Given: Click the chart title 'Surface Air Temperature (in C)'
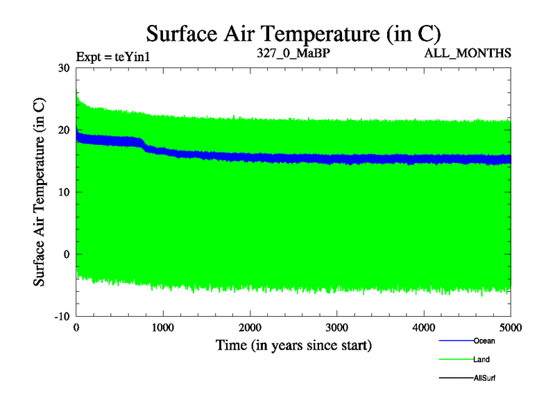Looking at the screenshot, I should (x=293, y=34).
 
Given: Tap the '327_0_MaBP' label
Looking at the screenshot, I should (x=287, y=53).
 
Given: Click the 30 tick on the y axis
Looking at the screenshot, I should (x=63, y=68).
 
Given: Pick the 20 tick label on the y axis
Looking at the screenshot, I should (x=63, y=130).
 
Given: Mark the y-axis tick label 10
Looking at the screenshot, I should (x=63, y=192).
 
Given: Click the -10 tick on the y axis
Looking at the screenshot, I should (x=61, y=316).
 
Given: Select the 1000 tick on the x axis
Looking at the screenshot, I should (x=162, y=327).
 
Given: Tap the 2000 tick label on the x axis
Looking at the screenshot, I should (x=250, y=327).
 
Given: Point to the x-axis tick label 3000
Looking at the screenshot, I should (x=336, y=327).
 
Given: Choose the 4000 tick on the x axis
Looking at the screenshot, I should (x=423, y=327).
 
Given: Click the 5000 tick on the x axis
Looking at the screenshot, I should (x=509, y=327).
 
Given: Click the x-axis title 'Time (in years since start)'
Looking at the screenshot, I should (x=293, y=345).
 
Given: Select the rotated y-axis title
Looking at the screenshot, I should (x=41, y=192).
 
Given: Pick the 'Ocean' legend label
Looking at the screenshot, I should (x=484, y=340).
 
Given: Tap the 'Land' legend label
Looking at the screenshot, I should (x=481, y=360).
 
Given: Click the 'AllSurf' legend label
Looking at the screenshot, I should (x=484, y=379).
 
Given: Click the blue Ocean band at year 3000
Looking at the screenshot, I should (x=336, y=159).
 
